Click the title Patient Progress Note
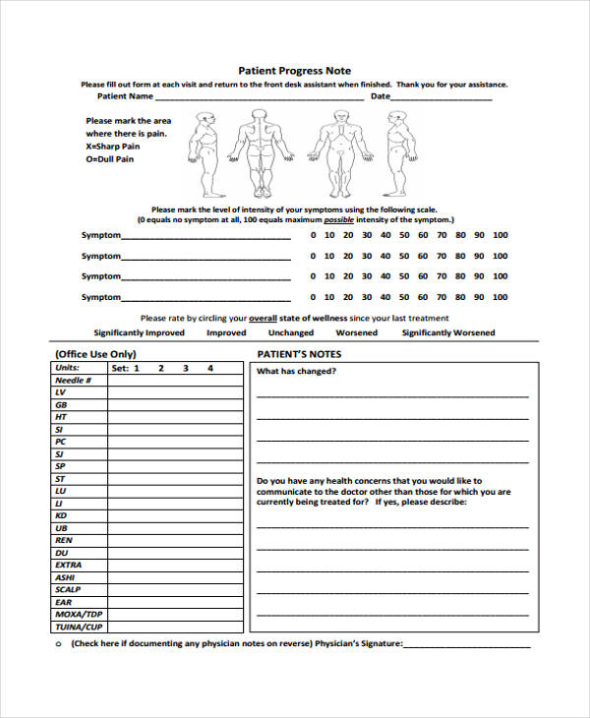pyautogui.click(x=295, y=71)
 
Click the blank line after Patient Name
pyautogui.click(x=260, y=97)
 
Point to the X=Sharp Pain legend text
pyautogui.click(x=113, y=146)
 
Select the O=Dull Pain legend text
pyautogui.click(x=109, y=159)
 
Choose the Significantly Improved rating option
pyautogui.click(x=139, y=333)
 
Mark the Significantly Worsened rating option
pyautogui.click(x=448, y=333)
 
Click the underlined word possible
pyautogui.click(x=339, y=221)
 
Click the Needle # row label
pyautogui.click(x=74, y=380)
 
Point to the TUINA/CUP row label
pyautogui.click(x=79, y=627)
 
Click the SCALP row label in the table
pyautogui.click(x=68, y=589)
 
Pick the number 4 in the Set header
pyautogui.click(x=209, y=368)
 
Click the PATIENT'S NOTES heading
pyautogui.click(x=299, y=353)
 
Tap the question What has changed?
pyautogui.click(x=297, y=372)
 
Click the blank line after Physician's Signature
pyautogui.click(x=466, y=644)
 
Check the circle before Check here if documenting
pyautogui.click(x=58, y=644)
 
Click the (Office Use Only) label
pyautogui.click(x=95, y=353)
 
